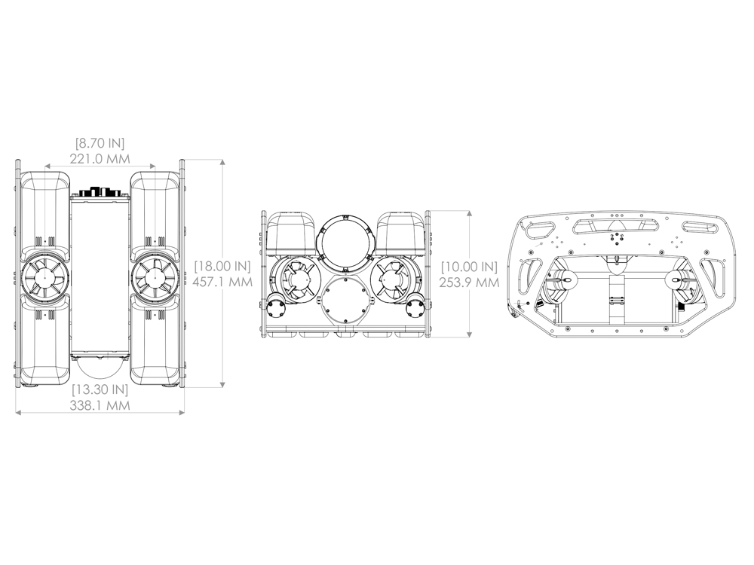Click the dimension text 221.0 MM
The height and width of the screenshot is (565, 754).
[100, 158]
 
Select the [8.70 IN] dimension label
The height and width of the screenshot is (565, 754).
[100, 142]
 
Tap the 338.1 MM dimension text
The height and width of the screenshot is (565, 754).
[100, 405]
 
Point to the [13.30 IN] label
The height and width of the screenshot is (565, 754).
[100, 389]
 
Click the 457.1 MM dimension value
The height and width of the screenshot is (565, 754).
[222, 282]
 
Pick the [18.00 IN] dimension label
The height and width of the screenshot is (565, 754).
[222, 266]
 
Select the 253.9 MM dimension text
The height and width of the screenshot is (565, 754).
[469, 282]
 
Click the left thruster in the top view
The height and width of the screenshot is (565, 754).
[44, 275]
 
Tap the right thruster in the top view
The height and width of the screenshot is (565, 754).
[155, 275]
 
